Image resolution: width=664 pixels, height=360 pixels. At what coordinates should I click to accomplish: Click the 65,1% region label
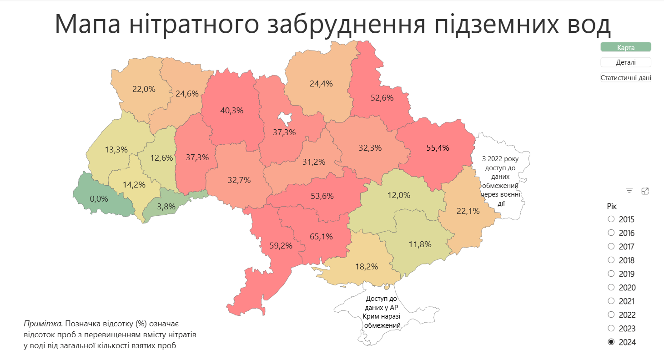321,237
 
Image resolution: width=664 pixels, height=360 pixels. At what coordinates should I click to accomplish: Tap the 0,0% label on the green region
99,199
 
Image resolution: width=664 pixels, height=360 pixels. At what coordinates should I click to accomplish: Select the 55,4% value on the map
438,147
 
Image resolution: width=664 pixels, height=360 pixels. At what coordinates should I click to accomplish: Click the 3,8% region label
166,206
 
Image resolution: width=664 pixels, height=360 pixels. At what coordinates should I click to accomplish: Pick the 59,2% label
281,246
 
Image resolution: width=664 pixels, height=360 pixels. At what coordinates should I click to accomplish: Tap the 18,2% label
367,267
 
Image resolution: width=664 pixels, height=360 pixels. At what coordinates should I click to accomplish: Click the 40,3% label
232,110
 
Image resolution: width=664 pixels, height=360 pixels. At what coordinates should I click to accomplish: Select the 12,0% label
399,195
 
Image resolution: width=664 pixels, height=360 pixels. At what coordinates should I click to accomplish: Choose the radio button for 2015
611,219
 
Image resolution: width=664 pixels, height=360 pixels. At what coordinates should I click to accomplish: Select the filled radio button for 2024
611,342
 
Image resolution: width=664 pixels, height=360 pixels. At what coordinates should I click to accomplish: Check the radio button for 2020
611,287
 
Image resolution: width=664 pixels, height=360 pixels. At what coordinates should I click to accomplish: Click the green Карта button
626,47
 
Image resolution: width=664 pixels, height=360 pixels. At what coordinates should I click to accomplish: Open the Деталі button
626,62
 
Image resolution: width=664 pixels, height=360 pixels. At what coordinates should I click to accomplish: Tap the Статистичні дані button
626,78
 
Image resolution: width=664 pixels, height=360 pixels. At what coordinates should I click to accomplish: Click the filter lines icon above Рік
629,191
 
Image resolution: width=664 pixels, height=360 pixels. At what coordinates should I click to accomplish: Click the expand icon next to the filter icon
645,191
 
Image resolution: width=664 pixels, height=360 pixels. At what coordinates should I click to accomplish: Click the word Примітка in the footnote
43,324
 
